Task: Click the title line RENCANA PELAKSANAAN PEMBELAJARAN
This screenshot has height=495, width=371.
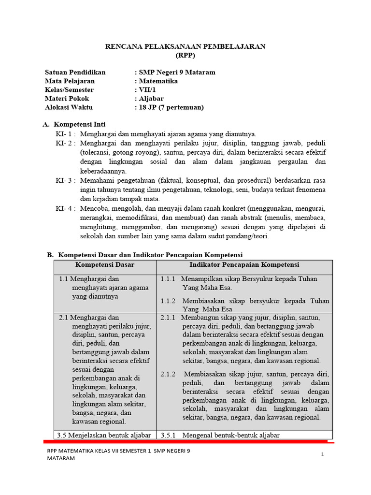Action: point(185,46)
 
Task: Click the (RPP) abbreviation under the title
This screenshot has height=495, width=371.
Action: point(185,55)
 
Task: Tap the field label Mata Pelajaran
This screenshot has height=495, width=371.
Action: point(70,81)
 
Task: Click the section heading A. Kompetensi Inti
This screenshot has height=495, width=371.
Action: point(74,125)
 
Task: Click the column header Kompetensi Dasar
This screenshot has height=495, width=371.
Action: point(105,265)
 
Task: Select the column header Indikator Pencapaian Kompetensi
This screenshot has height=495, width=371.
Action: point(244,265)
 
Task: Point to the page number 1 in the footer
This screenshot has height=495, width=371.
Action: point(322,454)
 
